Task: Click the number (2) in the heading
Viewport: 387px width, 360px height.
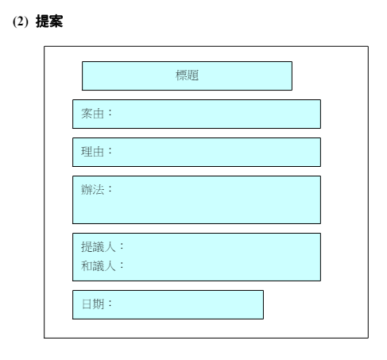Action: coord(21,21)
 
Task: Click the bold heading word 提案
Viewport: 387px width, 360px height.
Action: coord(49,21)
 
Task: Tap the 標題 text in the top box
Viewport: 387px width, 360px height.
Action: coord(187,75)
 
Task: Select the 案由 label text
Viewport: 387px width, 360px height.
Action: coord(92,114)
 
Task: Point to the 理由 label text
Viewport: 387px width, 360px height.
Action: coord(92,152)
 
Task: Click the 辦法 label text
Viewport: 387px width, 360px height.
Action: coord(92,190)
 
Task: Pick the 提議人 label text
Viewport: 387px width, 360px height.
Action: coord(98,247)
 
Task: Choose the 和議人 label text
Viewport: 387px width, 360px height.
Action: coord(98,266)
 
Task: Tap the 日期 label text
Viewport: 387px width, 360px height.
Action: coord(93,304)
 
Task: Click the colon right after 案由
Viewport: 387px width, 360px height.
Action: coord(110,113)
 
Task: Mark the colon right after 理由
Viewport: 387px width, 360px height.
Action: coord(110,151)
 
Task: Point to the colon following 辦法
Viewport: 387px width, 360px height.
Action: coord(110,189)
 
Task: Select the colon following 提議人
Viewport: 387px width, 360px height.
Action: coord(122,246)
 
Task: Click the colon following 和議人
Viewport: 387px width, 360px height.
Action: coord(122,265)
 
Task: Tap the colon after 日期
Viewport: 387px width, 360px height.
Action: coord(110,304)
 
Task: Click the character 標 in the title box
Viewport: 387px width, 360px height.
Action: coord(181,75)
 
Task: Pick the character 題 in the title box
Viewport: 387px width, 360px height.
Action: coord(193,75)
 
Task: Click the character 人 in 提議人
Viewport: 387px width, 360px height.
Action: coord(110,247)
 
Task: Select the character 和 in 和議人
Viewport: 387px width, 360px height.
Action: coord(87,266)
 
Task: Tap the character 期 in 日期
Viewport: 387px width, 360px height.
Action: coord(99,304)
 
